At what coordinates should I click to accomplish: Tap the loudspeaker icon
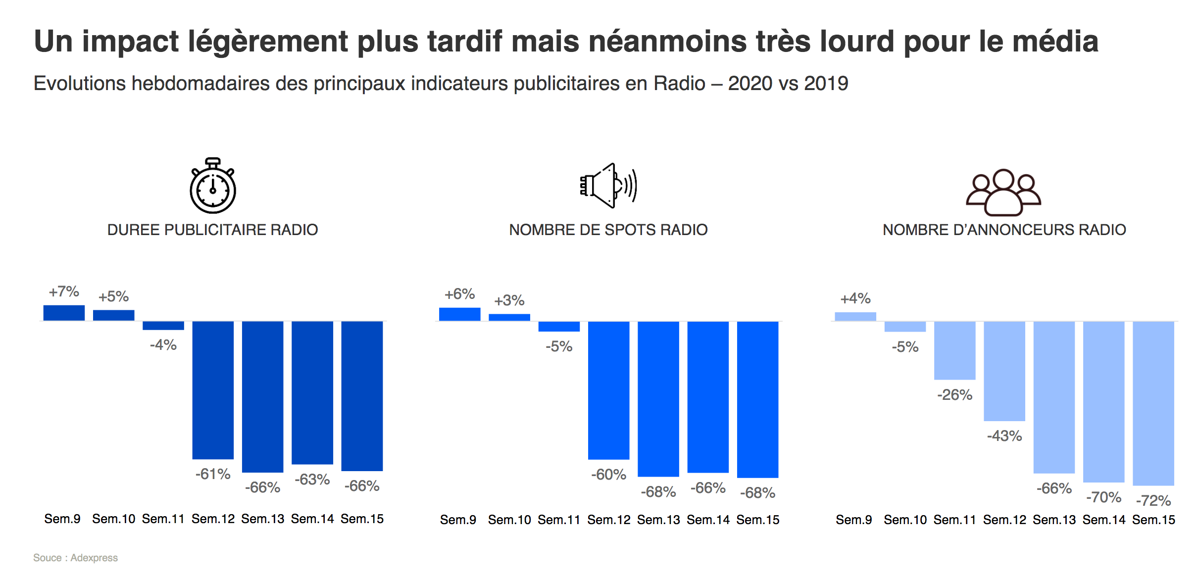coord(608,186)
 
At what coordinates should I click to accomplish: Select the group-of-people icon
coord(1003,193)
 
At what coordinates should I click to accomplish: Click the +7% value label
coord(64,291)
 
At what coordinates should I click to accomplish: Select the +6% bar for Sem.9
coord(459,314)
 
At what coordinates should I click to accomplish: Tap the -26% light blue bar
coord(954,350)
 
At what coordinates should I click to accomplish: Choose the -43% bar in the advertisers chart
coord(1004,371)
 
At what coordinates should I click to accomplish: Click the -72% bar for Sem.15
coord(1153,403)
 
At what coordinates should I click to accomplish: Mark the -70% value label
coord(1103,497)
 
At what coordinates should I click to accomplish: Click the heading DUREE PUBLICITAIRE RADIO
coord(212,230)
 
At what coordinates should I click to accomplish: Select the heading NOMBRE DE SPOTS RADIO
coord(608,230)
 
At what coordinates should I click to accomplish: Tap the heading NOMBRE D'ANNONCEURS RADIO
coord(1004,230)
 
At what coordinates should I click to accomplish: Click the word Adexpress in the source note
coord(94,558)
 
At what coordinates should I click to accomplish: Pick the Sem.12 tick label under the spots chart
coord(608,520)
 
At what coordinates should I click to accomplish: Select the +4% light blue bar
coord(855,317)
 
